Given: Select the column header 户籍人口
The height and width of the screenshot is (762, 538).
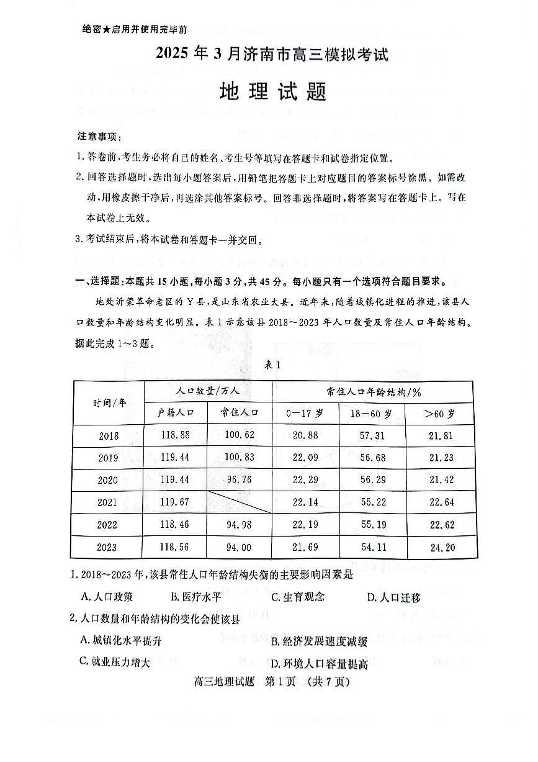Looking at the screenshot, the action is click(176, 412).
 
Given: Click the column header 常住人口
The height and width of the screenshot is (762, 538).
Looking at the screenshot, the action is click(239, 412).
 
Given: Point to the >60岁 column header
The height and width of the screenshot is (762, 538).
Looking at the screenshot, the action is click(439, 412).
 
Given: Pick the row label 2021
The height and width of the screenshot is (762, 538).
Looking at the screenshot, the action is click(109, 502).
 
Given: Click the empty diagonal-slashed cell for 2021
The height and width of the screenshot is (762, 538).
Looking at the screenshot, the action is click(239, 502).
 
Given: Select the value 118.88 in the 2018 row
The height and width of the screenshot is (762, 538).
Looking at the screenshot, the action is click(176, 435).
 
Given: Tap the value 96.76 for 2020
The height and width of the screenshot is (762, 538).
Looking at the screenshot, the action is click(239, 479).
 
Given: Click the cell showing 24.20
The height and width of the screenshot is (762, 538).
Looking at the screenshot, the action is click(441, 547).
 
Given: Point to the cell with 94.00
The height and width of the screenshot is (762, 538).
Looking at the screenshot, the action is click(239, 547).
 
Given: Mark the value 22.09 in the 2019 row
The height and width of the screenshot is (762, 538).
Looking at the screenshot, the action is click(305, 458).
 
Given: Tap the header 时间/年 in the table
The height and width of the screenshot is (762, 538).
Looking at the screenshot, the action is click(109, 402).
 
